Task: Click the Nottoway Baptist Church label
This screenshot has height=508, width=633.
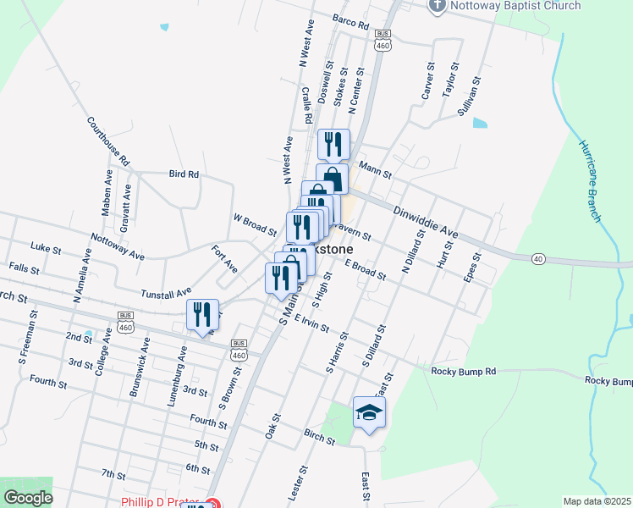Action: pyautogui.click(x=515, y=6)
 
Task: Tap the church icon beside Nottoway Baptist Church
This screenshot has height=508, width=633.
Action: pyautogui.click(x=438, y=6)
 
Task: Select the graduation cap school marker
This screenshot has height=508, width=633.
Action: pyautogui.click(x=369, y=412)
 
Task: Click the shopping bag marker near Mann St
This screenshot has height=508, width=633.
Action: pyautogui.click(x=333, y=179)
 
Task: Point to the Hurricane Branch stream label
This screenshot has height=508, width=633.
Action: pyautogui.click(x=589, y=179)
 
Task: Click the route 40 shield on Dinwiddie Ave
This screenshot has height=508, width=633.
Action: pyautogui.click(x=538, y=257)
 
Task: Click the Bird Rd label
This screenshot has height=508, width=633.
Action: pyautogui.click(x=183, y=174)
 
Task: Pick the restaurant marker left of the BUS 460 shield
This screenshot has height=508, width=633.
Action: pyautogui.click(x=203, y=315)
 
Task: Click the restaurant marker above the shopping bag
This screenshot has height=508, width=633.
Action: pyautogui.click(x=333, y=144)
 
